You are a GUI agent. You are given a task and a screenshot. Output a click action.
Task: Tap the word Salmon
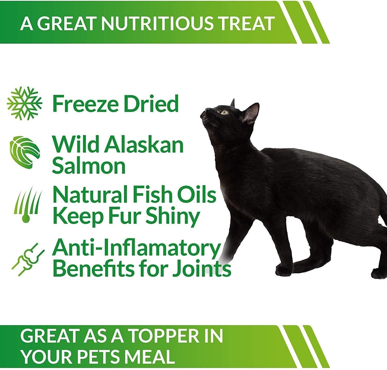pos(89,166)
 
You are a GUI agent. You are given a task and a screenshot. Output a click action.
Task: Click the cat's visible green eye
pos(224,112)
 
